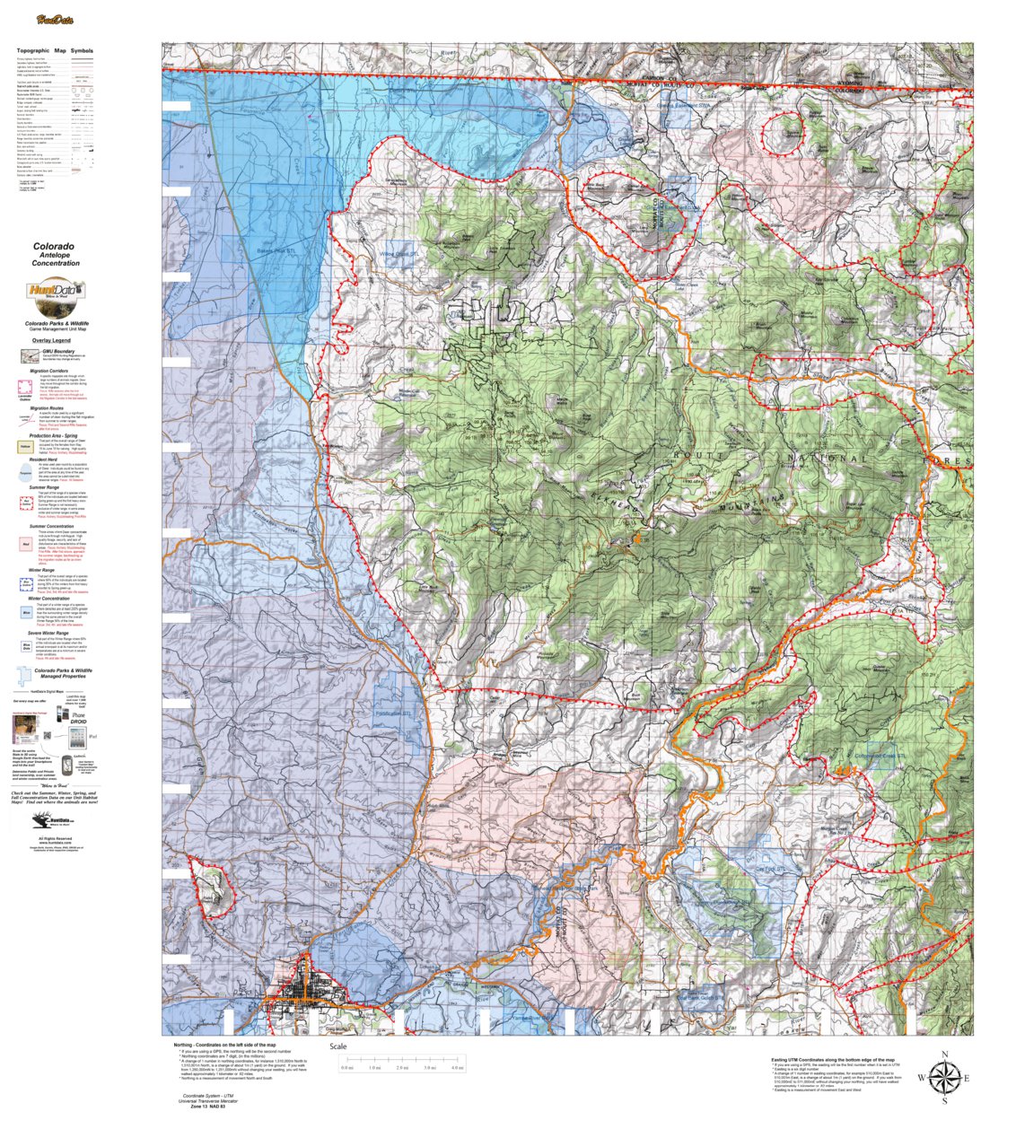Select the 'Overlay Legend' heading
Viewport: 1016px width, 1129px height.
click(x=51, y=341)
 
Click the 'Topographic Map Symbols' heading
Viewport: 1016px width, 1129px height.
click(x=55, y=51)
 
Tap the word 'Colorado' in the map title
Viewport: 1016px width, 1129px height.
click(x=54, y=246)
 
